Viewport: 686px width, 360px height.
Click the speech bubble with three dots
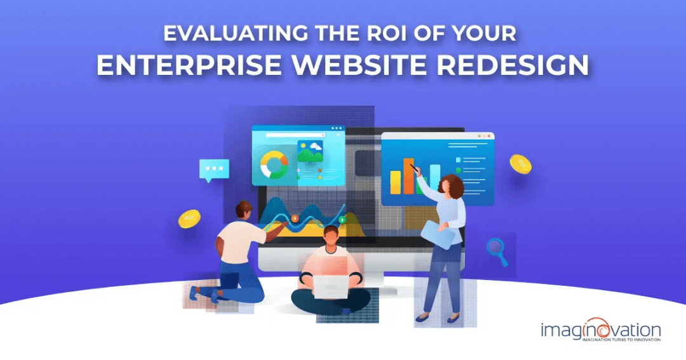[x=213, y=170]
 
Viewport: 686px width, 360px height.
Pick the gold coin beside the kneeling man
[x=189, y=219]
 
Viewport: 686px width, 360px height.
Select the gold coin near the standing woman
[x=520, y=164]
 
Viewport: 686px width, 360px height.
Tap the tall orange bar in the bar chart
[x=408, y=176]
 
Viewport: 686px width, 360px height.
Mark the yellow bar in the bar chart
[x=396, y=182]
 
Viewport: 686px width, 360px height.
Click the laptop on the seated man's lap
[x=330, y=286]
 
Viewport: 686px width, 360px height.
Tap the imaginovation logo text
[x=600, y=330]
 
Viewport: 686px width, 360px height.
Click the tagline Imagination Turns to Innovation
[x=621, y=340]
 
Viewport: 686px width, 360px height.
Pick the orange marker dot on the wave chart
[x=293, y=218]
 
